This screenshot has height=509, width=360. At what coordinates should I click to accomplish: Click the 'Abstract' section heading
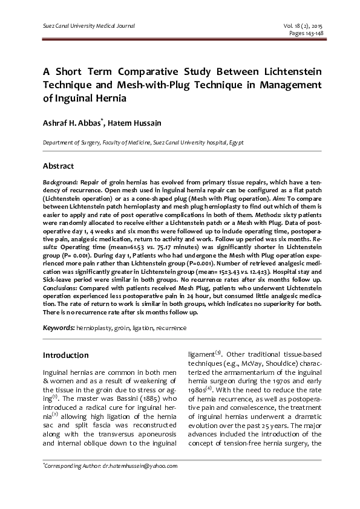pos(58,166)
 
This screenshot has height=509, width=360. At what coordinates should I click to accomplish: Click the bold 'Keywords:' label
pos(59,328)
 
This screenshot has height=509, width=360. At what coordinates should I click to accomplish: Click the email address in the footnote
pos(140,467)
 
